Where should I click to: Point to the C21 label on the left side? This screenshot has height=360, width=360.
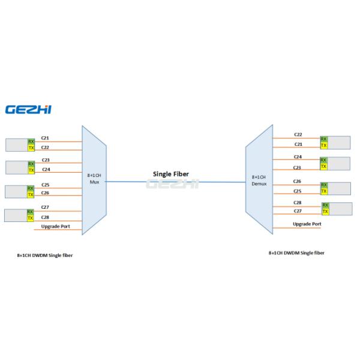pos(45,138)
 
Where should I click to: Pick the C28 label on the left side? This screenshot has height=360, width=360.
pos(45,217)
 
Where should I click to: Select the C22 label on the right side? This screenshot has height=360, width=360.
pos(298,134)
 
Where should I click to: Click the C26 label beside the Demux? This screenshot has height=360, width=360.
pos(297,181)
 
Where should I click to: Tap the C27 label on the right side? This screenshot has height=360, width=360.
pos(297,211)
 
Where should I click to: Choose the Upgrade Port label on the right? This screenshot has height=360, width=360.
pos(307,224)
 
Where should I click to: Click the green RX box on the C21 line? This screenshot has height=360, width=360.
pos(31,142)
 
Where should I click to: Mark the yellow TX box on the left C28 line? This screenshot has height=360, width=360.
pos(30,218)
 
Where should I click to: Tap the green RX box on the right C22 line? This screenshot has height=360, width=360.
pos(323,139)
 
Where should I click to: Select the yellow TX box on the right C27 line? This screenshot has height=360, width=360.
pos(325,212)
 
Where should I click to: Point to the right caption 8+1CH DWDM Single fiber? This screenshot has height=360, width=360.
pos(296,253)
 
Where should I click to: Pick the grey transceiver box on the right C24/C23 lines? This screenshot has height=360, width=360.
pos(338,163)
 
